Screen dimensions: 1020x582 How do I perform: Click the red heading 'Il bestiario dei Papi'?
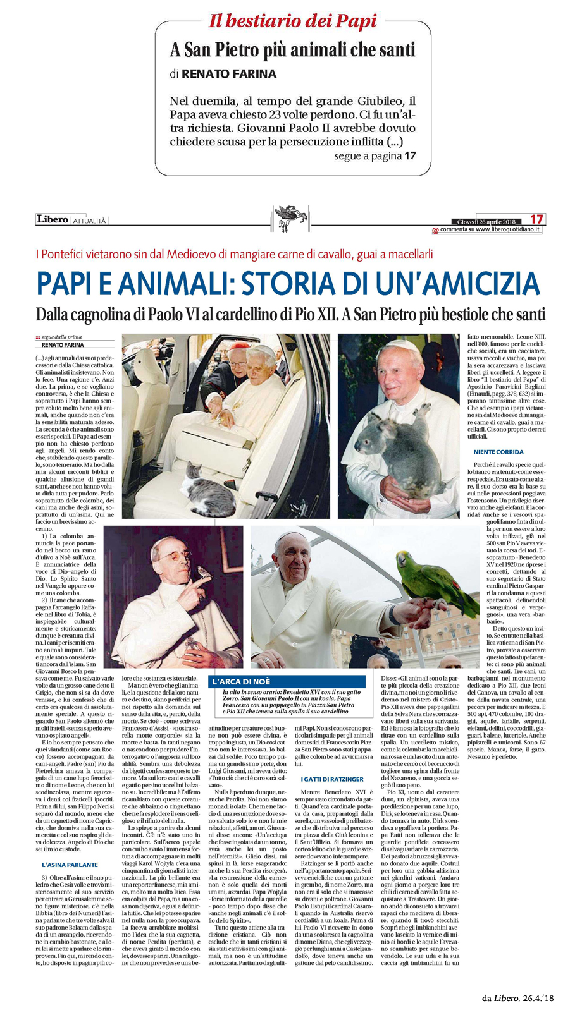(x=292, y=21)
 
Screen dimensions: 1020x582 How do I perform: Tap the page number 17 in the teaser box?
(x=410, y=155)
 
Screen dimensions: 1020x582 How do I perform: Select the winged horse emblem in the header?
(x=290, y=215)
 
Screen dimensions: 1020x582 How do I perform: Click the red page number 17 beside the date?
(x=536, y=219)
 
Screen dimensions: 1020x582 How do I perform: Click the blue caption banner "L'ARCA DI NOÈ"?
(x=288, y=682)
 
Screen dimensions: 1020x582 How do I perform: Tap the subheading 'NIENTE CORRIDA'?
(x=498, y=452)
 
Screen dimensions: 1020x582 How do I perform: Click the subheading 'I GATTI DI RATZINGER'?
(x=332, y=779)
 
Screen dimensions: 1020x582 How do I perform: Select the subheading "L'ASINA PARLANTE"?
(x=70, y=864)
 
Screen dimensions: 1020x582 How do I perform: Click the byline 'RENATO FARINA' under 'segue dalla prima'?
(x=63, y=345)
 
